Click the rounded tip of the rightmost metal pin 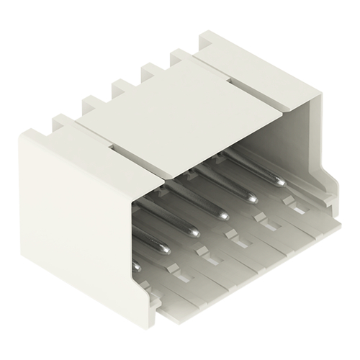coord(279,180)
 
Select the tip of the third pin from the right coord(224,214)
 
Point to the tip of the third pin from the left coord(194,231)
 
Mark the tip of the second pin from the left coord(164,248)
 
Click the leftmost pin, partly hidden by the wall coord(137,266)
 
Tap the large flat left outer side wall coord(72,216)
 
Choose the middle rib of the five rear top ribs coord(121,88)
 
